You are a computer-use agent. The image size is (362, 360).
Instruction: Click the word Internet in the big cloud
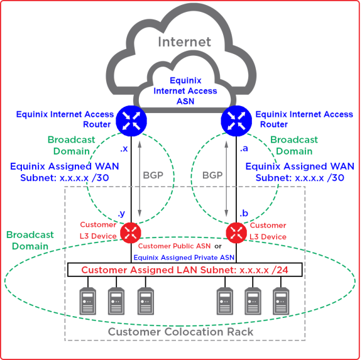(185, 41)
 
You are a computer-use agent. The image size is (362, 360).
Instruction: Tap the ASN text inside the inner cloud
(185, 101)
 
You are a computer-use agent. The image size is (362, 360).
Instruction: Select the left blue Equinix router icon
(131, 121)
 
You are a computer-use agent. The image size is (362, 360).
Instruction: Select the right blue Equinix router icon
(236, 121)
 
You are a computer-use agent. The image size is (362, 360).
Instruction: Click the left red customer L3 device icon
(131, 232)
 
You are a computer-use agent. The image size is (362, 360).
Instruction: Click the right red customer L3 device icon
(236, 232)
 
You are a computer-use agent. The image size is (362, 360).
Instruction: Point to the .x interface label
(124, 149)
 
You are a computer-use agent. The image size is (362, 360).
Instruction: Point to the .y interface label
(121, 214)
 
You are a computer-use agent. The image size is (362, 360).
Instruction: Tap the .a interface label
(244, 149)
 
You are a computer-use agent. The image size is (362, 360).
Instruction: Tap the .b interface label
(244, 213)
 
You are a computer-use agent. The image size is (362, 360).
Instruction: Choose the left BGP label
(153, 175)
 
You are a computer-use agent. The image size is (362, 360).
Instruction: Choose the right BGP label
(212, 175)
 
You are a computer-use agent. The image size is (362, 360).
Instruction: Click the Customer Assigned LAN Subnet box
(185, 270)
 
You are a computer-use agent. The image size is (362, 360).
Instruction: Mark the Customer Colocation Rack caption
(180, 332)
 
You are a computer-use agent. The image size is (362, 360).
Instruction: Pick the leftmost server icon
(88, 301)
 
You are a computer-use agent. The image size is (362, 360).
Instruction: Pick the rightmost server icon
(281, 301)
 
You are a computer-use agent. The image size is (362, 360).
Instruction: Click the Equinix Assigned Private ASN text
(184, 258)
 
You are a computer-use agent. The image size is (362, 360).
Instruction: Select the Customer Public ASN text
(174, 246)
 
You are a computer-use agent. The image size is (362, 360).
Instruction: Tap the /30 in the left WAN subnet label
(100, 178)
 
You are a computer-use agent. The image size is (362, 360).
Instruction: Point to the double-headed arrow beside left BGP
(140, 178)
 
